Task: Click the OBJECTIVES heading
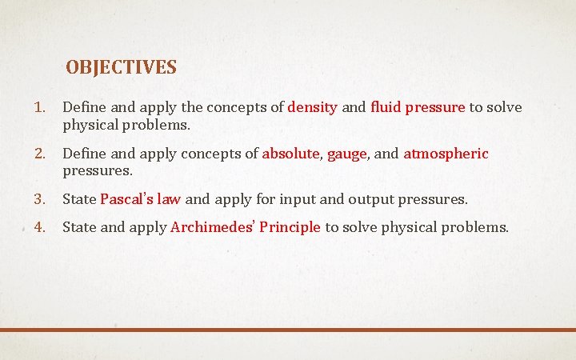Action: (x=121, y=67)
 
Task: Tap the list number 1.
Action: (x=39, y=107)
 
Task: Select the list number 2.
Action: (x=39, y=154)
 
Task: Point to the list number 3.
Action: (x=39, y=198)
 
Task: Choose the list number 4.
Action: (x=39, y=227)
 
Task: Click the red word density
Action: (x=312, y=107)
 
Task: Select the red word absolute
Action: (x=291, y=154)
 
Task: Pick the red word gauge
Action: (x=347, y=154)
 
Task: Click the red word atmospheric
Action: (x=446, y=154)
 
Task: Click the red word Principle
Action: (x=289, y=227)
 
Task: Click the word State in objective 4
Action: (x=79, y=227)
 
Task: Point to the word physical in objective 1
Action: (x=90, y=125)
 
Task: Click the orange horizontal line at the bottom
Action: (x=288, y=329)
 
